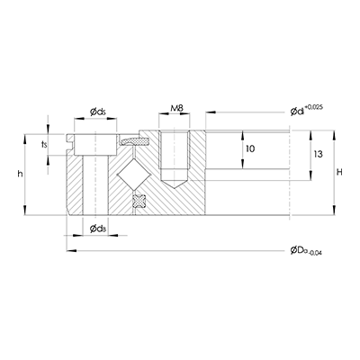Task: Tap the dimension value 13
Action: (x=318, y=154)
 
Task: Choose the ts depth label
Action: (x=44, y=143)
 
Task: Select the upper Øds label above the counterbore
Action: (x=100, y=112)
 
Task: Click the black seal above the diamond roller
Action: (x=137, y=140)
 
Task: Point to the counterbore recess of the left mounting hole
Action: (x=93, y=142)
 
